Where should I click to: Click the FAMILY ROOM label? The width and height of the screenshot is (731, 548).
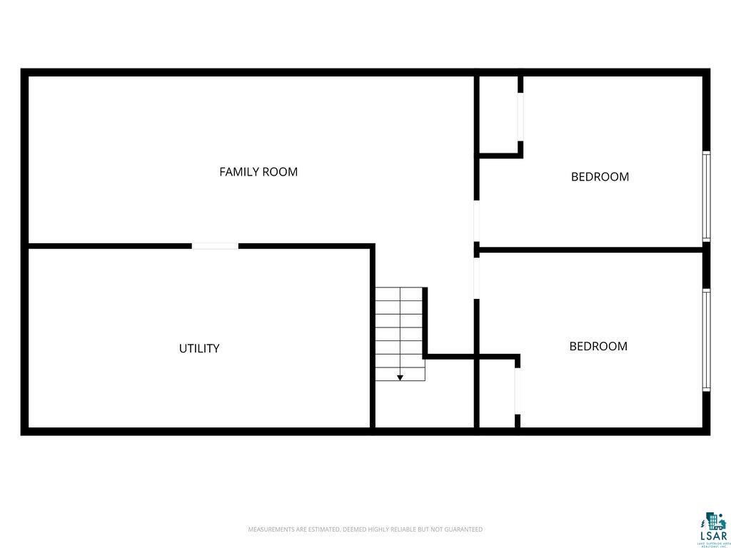[258, 172]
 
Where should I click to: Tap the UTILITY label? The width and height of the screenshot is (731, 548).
[199, 349]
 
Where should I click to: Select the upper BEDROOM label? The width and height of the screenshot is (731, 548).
[600, 177]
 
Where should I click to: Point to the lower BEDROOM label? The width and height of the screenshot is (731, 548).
[598, 347]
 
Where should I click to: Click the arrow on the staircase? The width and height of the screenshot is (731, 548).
[400, 377]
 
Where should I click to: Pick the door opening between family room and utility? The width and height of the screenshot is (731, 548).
[215, 246]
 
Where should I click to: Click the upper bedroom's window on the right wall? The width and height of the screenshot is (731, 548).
[706, 196]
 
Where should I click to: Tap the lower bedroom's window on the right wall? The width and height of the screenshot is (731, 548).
[706, 340]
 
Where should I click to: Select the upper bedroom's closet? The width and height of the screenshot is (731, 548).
[498, 114]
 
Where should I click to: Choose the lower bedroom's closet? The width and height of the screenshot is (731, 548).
[496, 393]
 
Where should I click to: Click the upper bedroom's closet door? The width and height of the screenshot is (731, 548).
[520, 117]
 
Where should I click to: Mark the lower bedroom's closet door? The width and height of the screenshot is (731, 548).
[517, 391]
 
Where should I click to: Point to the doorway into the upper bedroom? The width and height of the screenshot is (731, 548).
[476, 221]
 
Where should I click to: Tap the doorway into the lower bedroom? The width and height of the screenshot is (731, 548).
[476, 278]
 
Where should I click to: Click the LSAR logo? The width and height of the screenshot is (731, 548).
[712, 529]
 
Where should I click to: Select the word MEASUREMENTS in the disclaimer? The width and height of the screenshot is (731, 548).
[268, 529]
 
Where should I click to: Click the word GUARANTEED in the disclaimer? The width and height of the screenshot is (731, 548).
[464, 529]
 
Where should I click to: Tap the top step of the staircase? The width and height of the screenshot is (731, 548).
[400, 293]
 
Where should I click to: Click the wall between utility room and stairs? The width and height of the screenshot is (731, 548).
[373, 335]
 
